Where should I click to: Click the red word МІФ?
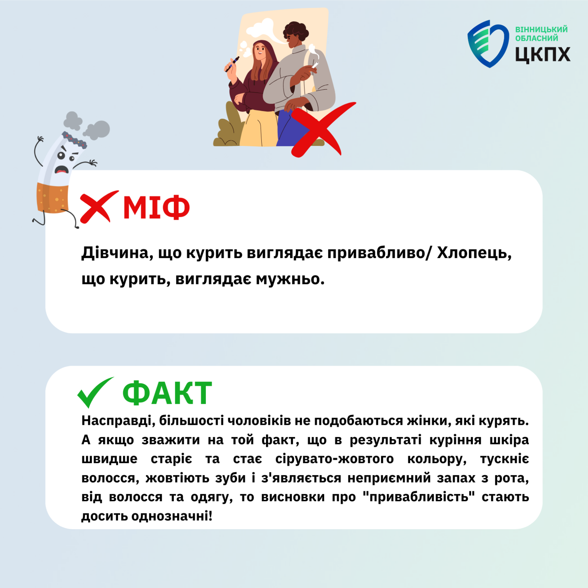(x=156, y=207)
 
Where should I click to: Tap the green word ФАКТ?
(x=167, y=393)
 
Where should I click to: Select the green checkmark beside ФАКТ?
(x=95, y=392)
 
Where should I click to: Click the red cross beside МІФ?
(x=99, y=207)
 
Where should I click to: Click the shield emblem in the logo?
(x=488, y=44)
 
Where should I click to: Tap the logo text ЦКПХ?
(x=542, y=55)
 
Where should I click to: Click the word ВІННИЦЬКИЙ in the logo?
(x=541, y=29)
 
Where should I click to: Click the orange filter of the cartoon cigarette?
(x=52, y=197)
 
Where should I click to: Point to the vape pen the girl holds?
(x=232, y=64)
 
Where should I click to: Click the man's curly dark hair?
(x=296, y=31)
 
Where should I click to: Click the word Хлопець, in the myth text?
(x=474, y=253)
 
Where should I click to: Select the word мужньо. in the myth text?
(x=290, y=279)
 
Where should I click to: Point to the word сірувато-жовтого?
(x=334, y=459)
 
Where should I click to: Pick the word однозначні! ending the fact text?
(x=172, y=516)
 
